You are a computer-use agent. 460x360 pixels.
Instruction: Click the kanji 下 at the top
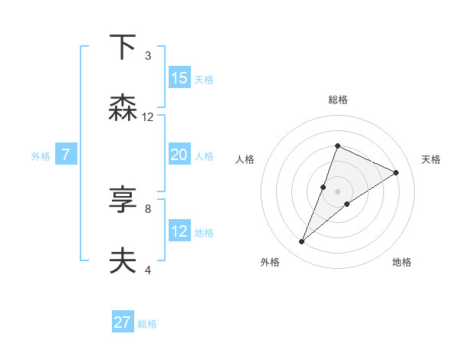click(123, 48)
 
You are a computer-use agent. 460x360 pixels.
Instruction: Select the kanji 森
click(123, 108)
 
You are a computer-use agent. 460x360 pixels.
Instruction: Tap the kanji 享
click(123, 200)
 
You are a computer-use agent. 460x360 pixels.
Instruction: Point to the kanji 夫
click(123, 260)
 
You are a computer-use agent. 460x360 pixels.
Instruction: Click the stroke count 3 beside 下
click(147, 56)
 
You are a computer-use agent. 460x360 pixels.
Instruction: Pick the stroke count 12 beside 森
click(148, 117)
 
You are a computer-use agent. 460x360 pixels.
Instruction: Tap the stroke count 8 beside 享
click(147, 208)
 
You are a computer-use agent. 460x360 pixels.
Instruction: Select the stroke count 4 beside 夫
click(147, 270)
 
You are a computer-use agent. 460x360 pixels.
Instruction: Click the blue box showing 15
click(179, 78)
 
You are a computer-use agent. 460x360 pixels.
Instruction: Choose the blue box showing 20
click(179, 155)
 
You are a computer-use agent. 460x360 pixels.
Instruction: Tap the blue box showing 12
click(179, 231)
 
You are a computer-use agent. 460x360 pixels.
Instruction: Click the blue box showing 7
click(66, 155)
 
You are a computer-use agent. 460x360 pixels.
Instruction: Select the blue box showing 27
click(123, 322)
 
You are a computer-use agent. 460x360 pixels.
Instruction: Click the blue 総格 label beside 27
click(147, 324)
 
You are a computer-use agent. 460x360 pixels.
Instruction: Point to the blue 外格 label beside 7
click(41, 156)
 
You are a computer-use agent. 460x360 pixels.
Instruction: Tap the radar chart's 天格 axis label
click(431, 159)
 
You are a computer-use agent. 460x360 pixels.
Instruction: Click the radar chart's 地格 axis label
click(402, 263)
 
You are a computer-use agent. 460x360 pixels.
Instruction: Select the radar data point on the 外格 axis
click(301, 242)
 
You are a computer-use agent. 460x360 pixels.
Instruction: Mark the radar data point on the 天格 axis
click(396, 173)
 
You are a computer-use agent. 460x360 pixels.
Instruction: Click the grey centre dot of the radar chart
click(337, 191)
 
